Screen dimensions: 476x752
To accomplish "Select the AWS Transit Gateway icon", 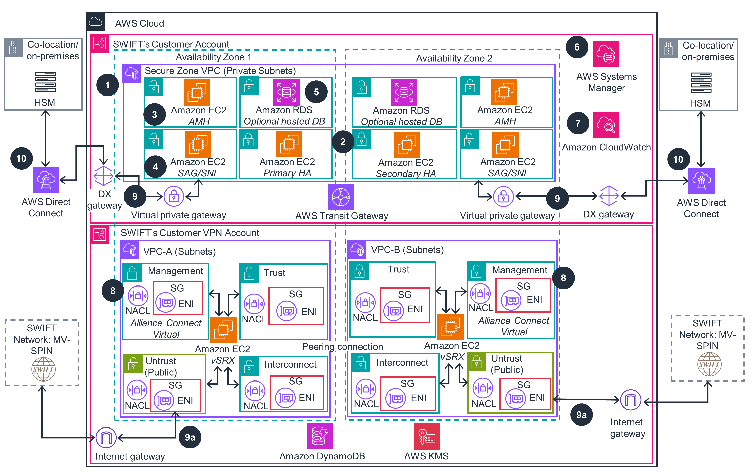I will point(340,197).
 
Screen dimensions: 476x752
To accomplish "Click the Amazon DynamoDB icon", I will point(320,436).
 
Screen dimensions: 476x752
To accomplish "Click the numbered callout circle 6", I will point(577,47).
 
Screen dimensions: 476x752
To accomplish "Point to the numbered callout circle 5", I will point(316,92).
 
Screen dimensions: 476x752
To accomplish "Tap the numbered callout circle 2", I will point(343,142).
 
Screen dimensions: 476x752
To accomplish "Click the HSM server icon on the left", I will point(46,82).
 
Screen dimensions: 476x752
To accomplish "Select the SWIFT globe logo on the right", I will point(709,364).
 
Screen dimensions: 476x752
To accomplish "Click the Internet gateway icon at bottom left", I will point(106,438).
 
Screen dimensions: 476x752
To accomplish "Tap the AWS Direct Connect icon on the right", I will point(701,181).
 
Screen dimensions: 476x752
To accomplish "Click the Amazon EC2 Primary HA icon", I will point(289,144).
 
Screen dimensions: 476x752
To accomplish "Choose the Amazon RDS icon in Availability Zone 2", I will point(403,92).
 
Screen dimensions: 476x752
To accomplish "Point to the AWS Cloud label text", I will point(139,23).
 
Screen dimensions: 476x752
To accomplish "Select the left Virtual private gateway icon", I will point(174,196).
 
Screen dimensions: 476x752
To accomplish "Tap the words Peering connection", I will point(342,347).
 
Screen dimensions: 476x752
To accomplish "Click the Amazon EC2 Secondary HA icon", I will point(407,145).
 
